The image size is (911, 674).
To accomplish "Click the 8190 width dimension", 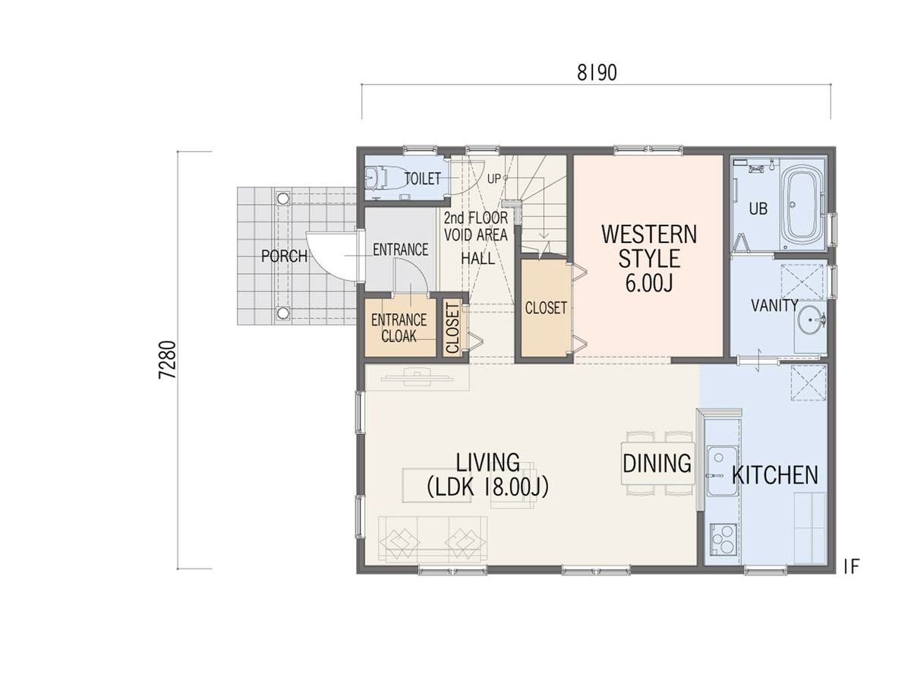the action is click(x=597, y=73).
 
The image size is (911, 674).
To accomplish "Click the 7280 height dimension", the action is click(x=168, y=360).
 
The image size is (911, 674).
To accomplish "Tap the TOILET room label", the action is click(x=423, y=178).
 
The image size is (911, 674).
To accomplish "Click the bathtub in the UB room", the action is click(x=803, y=204).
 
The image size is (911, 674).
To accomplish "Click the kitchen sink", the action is click(x=722, y=471).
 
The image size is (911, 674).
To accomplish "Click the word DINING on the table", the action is click(x=657, y=464).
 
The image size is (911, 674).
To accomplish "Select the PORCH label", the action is click(x=284, y=257).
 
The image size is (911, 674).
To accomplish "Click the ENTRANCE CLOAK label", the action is click(x=399, y=328).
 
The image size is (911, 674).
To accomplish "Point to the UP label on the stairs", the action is click(x=493, y=178).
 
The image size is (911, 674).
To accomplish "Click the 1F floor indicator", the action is click(x=852, y=567).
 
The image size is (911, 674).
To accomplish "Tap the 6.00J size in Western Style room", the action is click(x=649, y=283).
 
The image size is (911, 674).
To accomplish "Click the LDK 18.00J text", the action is click(x=487, y=487).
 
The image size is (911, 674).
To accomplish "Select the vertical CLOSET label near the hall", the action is click(x=452, y=329).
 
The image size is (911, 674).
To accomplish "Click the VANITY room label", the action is click(x=774, y=305).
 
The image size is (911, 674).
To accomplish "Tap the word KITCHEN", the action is click(x=774, y=476).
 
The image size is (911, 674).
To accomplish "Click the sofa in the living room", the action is click(x=433, y=539).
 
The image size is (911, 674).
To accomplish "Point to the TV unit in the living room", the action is click(x=417, y=377).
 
